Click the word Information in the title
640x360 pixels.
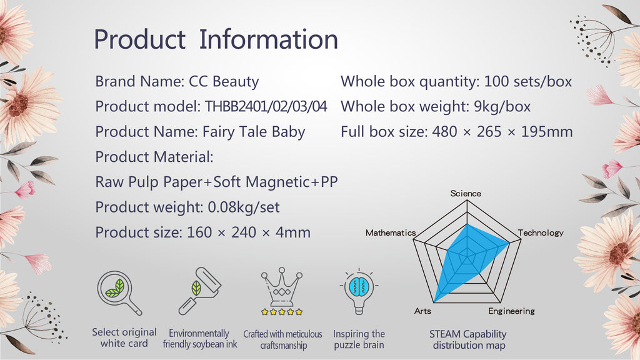[x=269, y=39]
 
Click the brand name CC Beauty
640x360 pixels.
[x=224, y=81]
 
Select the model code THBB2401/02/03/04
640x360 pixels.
[x=266, y=106]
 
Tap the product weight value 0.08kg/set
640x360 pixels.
[x=244, y=207]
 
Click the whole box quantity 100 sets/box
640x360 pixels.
[x=527, y=82]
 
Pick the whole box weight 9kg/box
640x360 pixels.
[x=502, y=106]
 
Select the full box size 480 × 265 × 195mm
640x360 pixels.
[x=502, y=132]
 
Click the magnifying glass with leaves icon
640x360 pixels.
[x=119, y=292]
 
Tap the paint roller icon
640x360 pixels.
[x=200, y=291]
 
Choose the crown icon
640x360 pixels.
[x=282, y=286]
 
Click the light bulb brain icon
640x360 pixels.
[x=359, y=291]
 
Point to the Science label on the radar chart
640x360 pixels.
[x=466, y=194]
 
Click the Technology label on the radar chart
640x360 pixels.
[x=541, y=232]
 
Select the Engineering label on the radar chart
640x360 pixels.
[x=511, y=311]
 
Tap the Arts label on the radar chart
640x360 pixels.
[x=422, y=311]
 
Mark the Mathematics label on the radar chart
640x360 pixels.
[x=391, y=232]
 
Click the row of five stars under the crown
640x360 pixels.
[x=282, y=312]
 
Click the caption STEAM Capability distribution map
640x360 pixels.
[x=468, y=339]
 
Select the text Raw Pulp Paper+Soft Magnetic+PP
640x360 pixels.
[x=216, y=182]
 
